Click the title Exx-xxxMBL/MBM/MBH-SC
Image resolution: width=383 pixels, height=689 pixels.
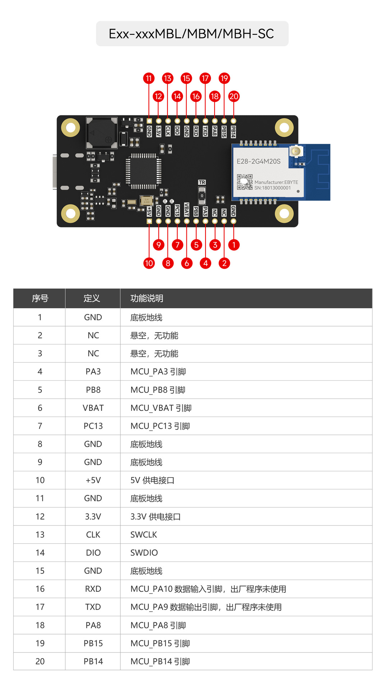pos(191,34)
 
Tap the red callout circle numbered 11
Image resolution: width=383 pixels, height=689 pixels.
pos(149,78)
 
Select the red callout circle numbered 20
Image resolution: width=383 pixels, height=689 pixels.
pos(234,96)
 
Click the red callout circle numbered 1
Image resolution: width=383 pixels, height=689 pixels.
pos(234,245)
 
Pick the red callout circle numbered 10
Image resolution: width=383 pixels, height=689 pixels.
pos(149,263)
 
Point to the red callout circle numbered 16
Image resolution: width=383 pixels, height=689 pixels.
pos(196,96)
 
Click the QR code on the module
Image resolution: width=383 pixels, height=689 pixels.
pos(245,182)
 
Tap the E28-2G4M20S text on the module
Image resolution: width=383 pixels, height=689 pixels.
pos(258,161)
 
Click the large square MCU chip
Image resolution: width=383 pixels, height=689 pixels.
pos(143,171)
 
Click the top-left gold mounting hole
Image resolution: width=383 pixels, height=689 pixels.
pos(70,127)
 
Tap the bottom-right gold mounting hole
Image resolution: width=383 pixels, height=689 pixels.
pos(284,214)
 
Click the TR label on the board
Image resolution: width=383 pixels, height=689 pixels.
pos(202,182)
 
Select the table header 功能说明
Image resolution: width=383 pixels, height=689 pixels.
pos(147,298)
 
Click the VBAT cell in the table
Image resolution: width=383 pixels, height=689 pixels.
pos(93,408)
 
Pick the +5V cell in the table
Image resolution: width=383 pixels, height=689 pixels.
pos(93,480)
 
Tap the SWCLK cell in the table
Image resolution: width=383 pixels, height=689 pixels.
pos(144,535)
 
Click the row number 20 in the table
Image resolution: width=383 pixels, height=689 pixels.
pos(40,661)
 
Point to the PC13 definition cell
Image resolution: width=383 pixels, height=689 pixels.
pos(93,426)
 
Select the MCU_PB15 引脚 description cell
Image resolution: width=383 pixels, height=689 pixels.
pos(160,643)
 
